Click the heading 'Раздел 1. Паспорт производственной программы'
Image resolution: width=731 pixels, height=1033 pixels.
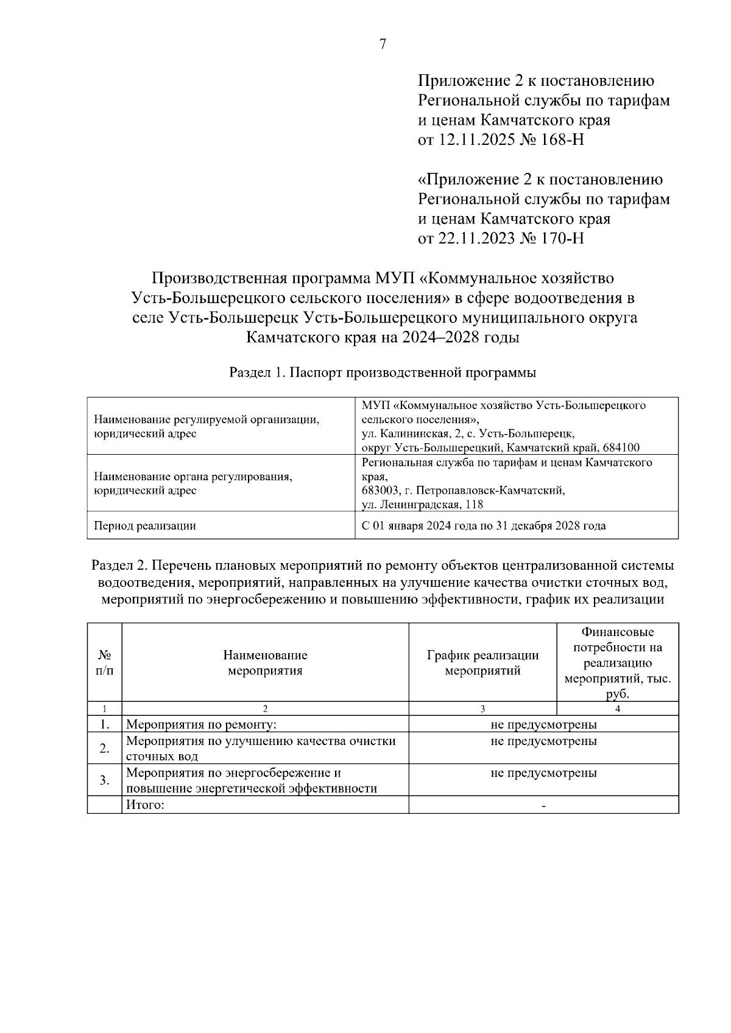(383, 373)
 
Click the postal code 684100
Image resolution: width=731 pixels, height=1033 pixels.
(621, 448)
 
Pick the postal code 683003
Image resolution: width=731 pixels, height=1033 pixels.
(379, 491)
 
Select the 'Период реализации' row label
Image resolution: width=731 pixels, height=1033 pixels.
(144, 526)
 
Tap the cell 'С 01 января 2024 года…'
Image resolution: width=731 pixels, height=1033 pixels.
(484, 526)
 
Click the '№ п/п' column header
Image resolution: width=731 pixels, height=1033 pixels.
(104, 663)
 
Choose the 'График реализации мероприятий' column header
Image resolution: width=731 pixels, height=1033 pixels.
(482, 663)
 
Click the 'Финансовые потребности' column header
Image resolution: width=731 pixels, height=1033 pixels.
(617, 663)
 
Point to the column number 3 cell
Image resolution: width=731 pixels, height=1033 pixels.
(482, 709)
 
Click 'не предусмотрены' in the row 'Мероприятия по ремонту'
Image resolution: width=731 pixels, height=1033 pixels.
(543, 724)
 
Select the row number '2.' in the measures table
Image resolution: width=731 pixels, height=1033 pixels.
(104, 748)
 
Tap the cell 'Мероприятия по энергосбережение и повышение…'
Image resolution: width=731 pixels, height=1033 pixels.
(251, 780)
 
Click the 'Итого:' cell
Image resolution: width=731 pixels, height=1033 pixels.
(146, 805)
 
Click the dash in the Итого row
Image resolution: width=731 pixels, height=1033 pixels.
(543, 806)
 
